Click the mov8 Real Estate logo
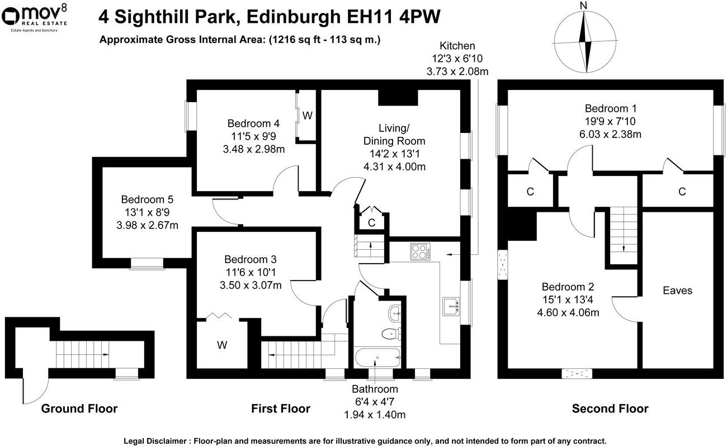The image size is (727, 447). click(35, 17)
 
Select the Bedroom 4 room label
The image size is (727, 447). click(253, 123)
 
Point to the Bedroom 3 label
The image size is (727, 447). click(250, 259)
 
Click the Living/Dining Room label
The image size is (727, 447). click(394, 134)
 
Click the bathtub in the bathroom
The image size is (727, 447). click(377, 356)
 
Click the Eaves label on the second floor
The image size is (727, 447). click(677, 291)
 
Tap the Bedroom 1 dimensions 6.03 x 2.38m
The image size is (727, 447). click(611, 134)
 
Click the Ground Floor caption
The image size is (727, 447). click(79, 409)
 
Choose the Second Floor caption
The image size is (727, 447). click(610, 409)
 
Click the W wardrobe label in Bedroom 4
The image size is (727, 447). click(307, 116)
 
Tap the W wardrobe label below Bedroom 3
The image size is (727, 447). click(222, 345)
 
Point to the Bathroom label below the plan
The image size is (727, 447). click(375, 389)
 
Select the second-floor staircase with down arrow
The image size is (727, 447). click(622, 235)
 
